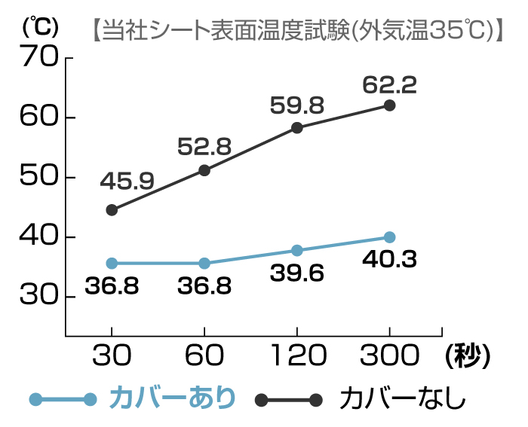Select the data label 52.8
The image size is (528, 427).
point(204,148)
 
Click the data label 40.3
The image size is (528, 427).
point(389,259)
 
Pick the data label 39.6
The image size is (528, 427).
point(296,273)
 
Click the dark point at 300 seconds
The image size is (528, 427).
point(389,105)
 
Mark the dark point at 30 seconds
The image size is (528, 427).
point(112,210)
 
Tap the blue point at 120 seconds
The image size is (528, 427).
point(296,250)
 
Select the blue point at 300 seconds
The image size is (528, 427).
point(389,237)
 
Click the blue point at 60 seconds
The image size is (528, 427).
point(204,263)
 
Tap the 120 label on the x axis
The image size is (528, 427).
point(296,355)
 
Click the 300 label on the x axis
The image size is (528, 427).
point(389,355)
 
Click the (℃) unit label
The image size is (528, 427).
point(39,27)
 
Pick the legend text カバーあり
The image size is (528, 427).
point(172,398)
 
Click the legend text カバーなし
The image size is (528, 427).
point(403,398)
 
